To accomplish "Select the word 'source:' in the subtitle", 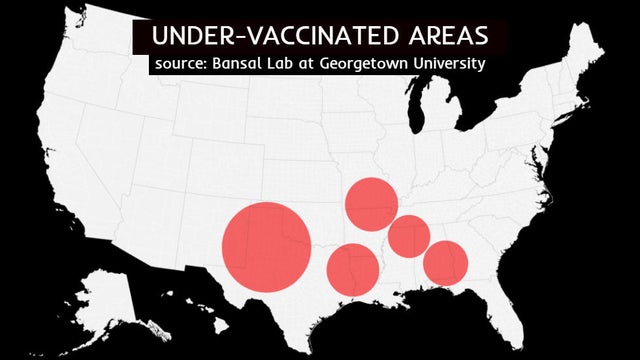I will (x=182, y=64).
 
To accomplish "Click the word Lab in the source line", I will (x=292, y=64).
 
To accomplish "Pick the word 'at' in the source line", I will (x=321, y=64).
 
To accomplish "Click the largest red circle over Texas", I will (x=266, y=247).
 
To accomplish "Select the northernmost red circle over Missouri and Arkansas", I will (x=372, y=204).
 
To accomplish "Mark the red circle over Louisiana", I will (x=352, y=269).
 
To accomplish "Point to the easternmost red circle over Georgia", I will (x=445, y=263).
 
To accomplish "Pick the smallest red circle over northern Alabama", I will (x=409, y=236).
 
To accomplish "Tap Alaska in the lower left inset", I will (x=105, y=300).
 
